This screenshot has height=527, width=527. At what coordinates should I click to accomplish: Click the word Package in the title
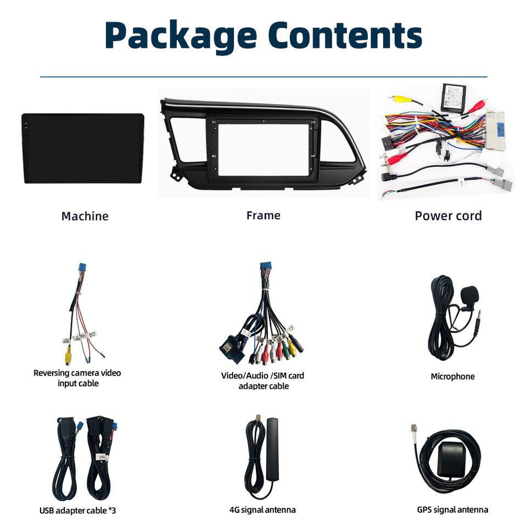point(181,36)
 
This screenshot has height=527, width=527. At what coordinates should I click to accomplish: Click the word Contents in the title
point(345,35)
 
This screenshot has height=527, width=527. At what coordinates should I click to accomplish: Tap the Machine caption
point(85,216)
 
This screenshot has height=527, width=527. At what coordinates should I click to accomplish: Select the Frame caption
point(263,215)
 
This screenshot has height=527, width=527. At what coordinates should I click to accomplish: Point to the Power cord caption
point(448,216)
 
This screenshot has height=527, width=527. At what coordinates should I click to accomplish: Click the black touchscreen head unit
point(83,148)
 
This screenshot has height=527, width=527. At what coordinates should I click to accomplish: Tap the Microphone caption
point(453,377)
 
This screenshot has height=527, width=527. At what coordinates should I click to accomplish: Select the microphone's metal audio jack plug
point(476,323)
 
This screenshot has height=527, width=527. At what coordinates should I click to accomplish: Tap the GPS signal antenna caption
point(452,510)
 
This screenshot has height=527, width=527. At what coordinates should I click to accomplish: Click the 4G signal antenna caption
point(262,510)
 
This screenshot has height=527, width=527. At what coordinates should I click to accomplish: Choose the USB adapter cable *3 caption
point(77,511)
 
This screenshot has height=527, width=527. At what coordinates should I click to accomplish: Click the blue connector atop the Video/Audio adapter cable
point(266,266)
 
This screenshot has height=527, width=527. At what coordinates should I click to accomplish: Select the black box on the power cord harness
point(453,98)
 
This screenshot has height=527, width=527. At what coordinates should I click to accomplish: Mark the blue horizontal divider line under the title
point(263,77)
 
